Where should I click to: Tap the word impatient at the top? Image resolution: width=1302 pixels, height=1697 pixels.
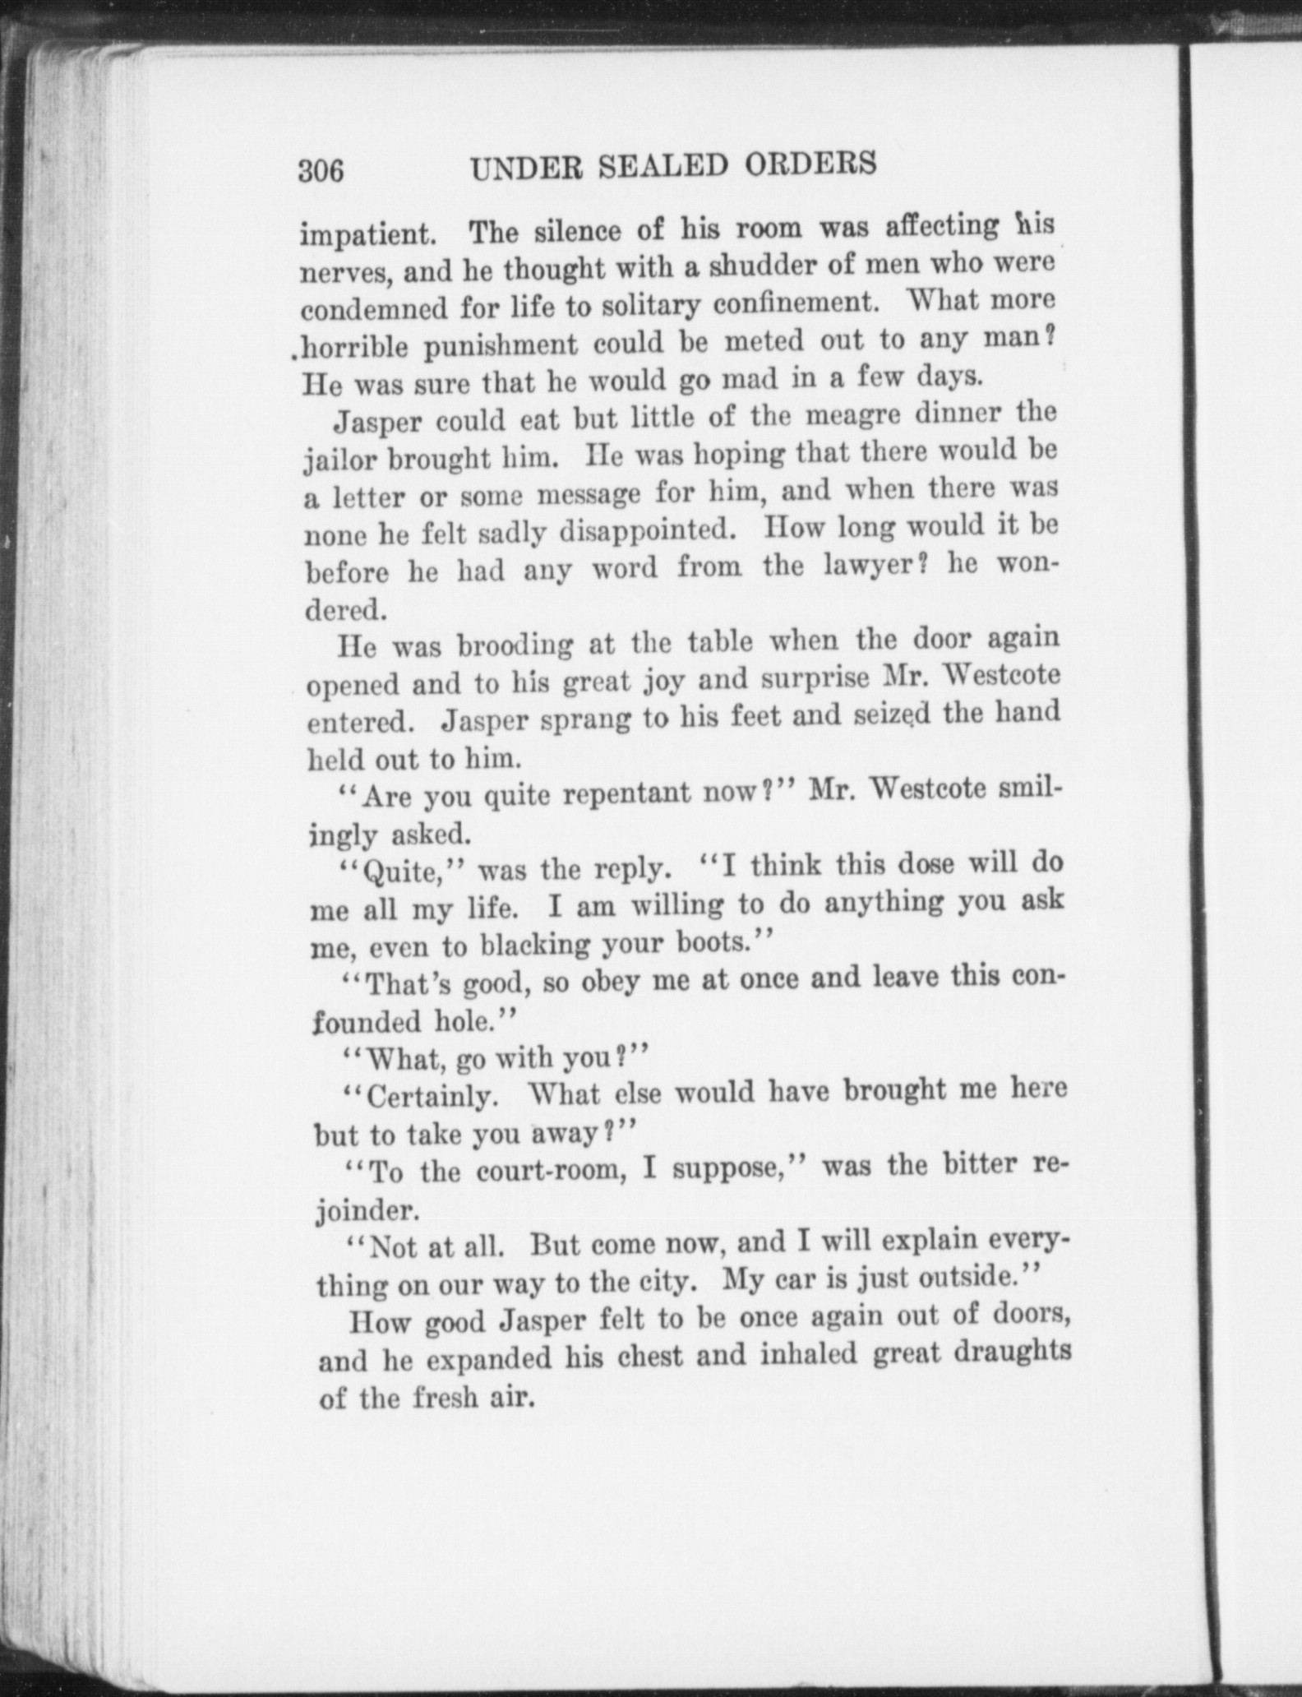pos(367,235)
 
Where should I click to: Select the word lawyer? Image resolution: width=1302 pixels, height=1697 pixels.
pos(863,566)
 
